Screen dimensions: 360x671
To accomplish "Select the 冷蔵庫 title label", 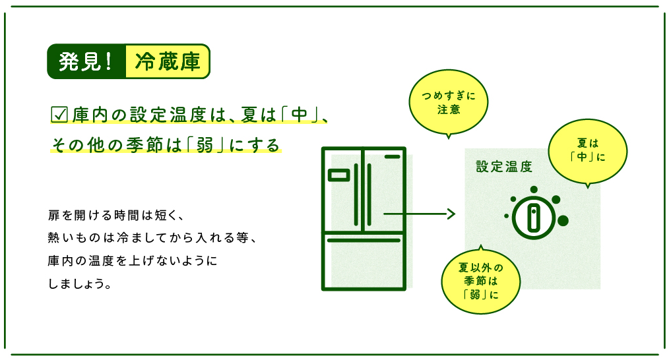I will point(167,61).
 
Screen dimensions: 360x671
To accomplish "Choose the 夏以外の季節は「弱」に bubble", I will point(480,280).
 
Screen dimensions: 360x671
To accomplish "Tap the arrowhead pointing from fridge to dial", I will point(451,214).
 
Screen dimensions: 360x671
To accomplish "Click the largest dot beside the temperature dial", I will point(563,220).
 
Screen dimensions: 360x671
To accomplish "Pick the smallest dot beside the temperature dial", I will point(506,216).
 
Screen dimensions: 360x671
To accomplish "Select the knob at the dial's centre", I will point(534,217).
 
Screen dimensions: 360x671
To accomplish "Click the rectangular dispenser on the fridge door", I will point(338,175).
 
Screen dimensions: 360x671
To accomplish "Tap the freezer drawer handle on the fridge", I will point(364,241).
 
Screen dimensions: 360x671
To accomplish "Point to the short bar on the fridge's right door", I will point(392,157).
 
